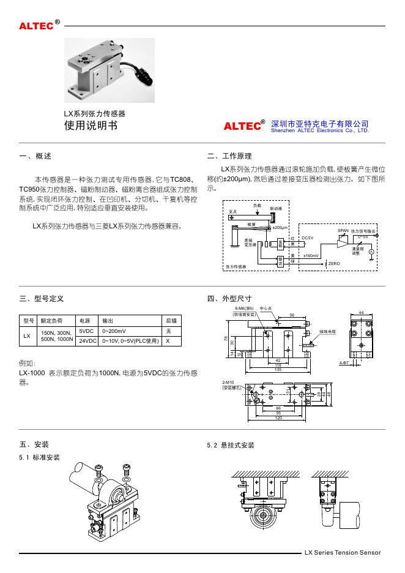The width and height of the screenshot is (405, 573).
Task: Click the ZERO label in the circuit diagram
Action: pos(334,263)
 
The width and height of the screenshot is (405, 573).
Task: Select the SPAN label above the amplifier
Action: pos(343,231)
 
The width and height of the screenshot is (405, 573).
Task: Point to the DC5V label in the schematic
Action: pos(308,237)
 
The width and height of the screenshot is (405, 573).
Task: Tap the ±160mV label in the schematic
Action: pos(311,255)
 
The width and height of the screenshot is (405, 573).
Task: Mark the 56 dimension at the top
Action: pos(292,315)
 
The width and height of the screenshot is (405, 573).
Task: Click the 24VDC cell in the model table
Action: pos(87,340)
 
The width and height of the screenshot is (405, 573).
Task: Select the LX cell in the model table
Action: pos(27,335)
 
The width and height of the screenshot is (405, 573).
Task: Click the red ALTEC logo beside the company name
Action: pos(242,127)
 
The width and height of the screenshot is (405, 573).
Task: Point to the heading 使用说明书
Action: pos(88,126)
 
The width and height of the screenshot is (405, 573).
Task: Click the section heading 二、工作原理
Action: pos(229,157)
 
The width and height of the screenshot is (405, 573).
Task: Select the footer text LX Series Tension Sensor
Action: pos(343,553)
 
